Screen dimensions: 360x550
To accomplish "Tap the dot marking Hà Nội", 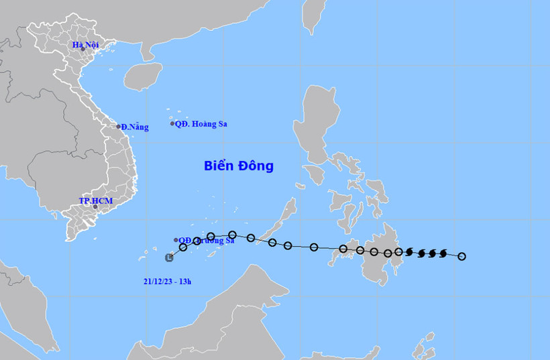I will click(83, 49).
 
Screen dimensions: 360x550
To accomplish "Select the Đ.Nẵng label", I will click(135, 127).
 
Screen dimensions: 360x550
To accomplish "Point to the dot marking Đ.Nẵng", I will click(119, 127).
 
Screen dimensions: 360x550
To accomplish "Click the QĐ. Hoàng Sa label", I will click(201, 123).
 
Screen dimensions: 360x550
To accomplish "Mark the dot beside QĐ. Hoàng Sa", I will click(172, 123).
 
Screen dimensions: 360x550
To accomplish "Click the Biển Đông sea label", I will click(239, 166).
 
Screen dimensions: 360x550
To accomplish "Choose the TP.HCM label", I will click(93, 200).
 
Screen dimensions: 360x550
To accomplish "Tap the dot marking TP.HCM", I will click(95, 206).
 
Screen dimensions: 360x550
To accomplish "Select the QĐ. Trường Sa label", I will click(208, 241).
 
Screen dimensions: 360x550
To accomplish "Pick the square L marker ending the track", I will click(170, 257).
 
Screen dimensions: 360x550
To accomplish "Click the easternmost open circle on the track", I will click(461, 256).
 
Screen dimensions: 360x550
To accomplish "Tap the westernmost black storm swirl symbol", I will click(410, 252).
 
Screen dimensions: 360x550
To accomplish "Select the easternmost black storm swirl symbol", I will click(443, 253).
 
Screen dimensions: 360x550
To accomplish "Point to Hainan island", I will click(142, 76).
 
